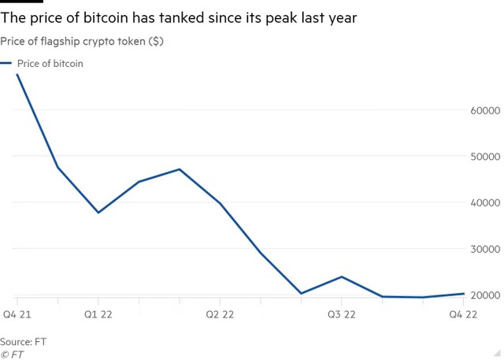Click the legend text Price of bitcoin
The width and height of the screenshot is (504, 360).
pyautogui.click(x=50, y=64)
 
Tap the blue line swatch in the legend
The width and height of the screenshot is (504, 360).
pyautogui.click(x=6, y=64)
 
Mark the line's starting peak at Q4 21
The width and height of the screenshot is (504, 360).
pyautogui.click(x=17, y=74)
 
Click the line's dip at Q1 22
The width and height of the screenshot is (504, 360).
pyautogui.click(x=98, y=213)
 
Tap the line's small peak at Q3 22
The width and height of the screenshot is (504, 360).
pyautogui.click(x=340, y=276)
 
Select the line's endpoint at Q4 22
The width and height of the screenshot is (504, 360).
pyautogui.click(x=462, y=294)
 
